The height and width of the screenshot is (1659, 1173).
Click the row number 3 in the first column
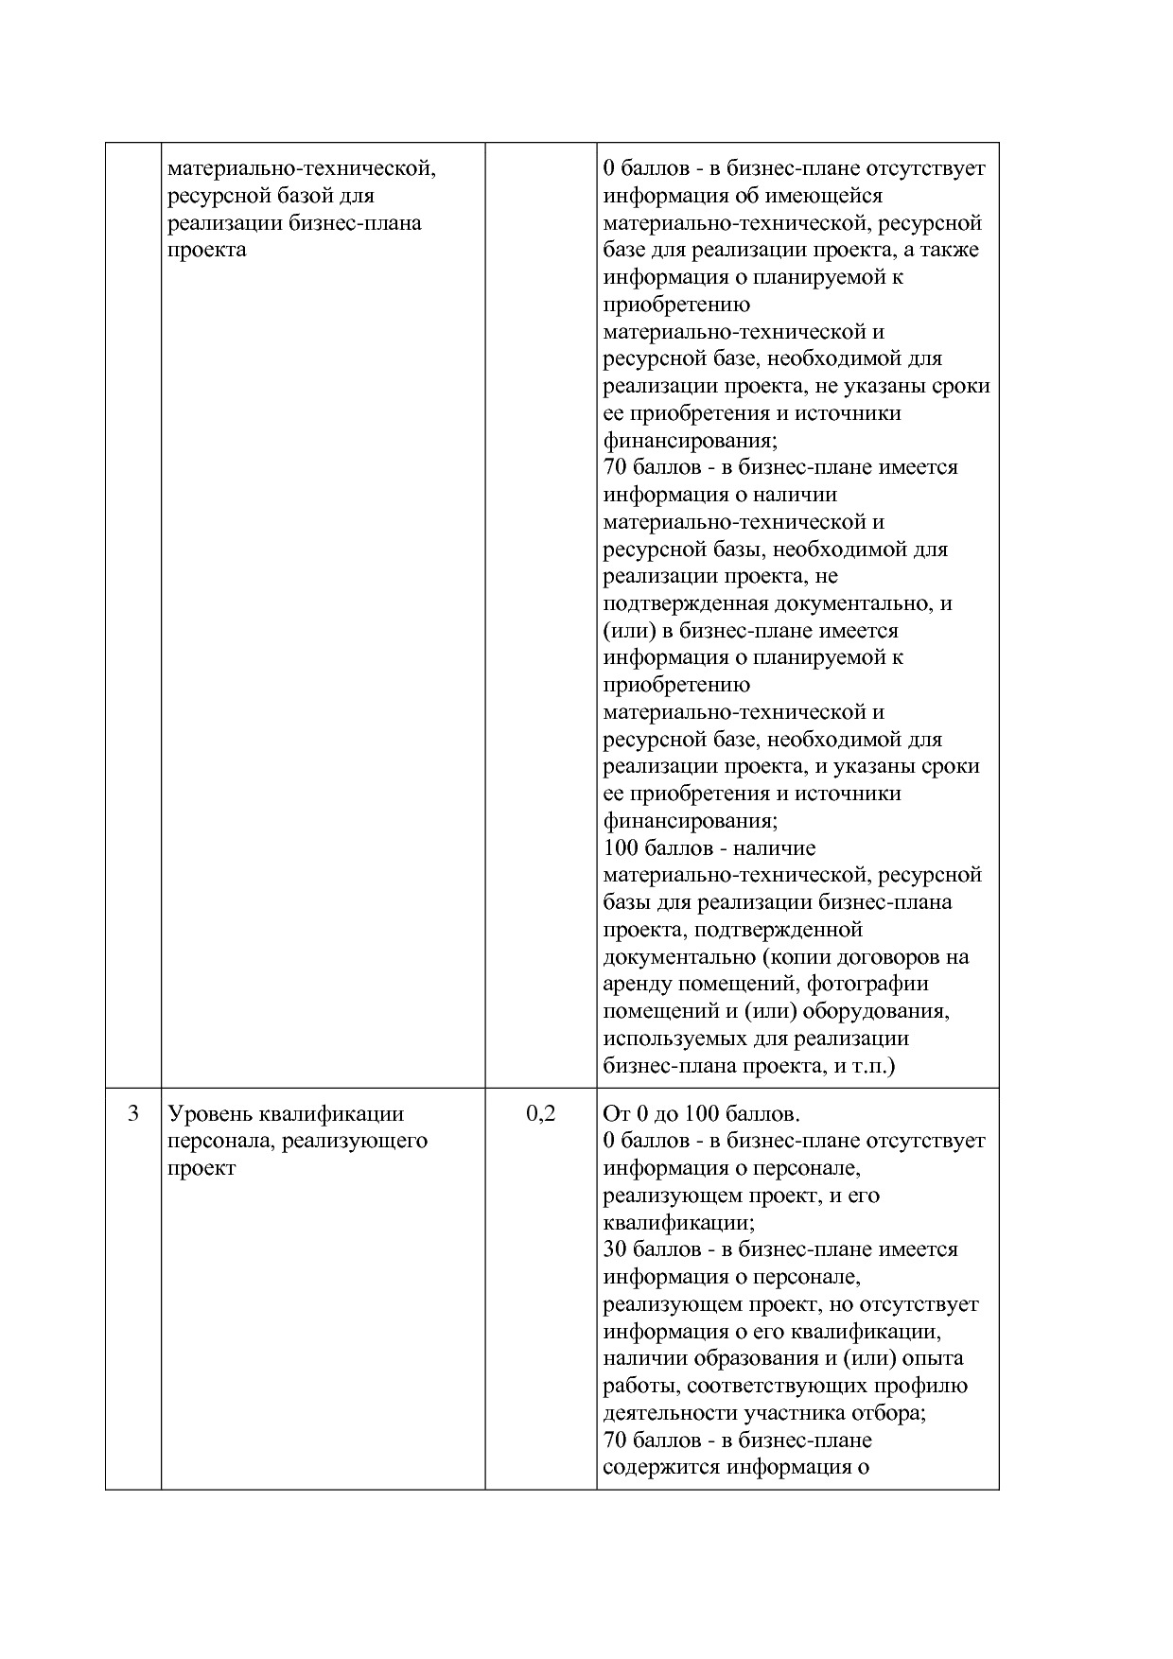133,1113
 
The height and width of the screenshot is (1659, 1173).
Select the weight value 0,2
540,1113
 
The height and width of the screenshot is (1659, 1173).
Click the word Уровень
209,1114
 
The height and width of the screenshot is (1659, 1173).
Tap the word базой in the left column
318,196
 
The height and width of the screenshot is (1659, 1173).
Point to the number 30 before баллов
615,1249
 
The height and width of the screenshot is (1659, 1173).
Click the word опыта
933,1358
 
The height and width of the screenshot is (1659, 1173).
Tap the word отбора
889,1413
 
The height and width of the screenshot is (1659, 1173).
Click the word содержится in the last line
659,1468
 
